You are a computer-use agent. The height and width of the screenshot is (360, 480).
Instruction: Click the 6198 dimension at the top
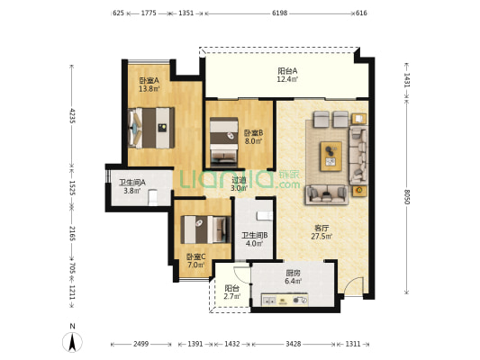(x=279, y=13)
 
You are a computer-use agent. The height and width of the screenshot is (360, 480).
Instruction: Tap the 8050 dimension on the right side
(x=406, y=196)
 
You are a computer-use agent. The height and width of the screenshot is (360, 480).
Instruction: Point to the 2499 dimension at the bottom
(x=140, y=344)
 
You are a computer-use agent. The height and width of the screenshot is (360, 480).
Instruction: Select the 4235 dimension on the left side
(x=72, y=115)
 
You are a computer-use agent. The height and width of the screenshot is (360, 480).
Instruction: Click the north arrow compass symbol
(x=72, y=339)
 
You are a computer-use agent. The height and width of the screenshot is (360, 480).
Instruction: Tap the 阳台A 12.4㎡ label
(x=287, y=76)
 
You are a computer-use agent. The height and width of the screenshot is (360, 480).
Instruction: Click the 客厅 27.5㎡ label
(x=322, y=232)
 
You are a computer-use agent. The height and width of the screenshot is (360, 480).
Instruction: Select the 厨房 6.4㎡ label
(x=293, y=277)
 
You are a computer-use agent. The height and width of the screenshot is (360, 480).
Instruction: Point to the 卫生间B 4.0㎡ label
(x=254, y=239)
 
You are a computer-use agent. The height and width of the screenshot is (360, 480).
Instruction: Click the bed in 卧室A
(x=151, y=128)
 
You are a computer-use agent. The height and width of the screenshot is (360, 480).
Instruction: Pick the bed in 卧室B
(x=223, y=142)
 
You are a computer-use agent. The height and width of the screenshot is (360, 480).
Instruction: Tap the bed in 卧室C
(x=205, y=229)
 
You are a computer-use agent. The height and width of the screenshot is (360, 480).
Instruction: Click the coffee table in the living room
(x=331, y=157)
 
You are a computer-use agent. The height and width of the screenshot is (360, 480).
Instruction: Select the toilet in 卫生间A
(x=152, y=198)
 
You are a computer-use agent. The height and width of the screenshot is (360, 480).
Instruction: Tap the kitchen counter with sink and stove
(x=285, y=300)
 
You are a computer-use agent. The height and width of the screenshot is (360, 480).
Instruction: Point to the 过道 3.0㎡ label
(x=239, y=184)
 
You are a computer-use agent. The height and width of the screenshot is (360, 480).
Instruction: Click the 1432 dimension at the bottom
(x=232, y=344)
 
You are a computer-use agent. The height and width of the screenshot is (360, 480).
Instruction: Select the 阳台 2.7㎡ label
(x=232, y=292)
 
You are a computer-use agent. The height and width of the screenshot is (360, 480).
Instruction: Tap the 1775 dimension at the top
(x=149, y=13)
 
